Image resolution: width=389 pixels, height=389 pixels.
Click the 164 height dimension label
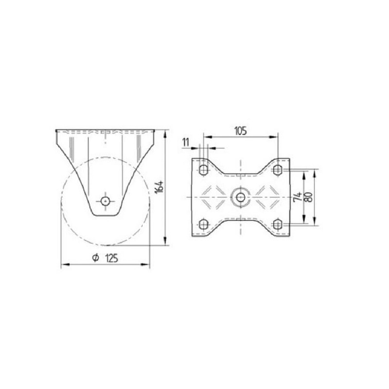[159, 187]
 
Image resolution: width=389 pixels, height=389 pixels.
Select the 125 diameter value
[112, 259]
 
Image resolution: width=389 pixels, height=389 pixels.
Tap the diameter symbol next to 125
[95, 258]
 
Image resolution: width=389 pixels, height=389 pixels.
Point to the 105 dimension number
[241, 131]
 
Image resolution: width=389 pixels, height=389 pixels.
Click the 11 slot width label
[186, 142]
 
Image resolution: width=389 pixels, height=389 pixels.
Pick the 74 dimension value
[298, 197]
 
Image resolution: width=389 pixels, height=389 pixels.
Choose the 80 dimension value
[308, 197]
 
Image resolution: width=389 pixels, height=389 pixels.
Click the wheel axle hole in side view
[106, 201]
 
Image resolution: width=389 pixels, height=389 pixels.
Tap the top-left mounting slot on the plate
[203, 170]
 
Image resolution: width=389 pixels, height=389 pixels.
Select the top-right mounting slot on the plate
[278, 170]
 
